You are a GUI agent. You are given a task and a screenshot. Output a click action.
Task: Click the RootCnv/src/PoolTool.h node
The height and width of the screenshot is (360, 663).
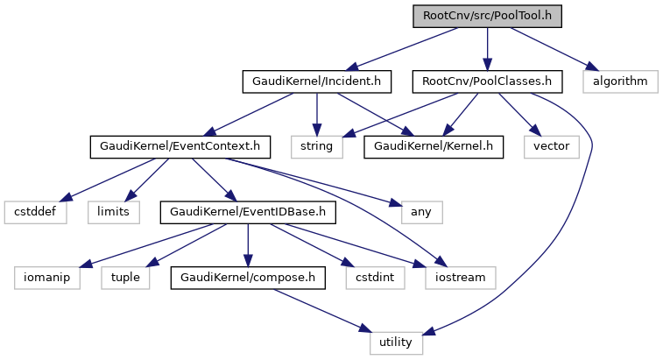click(x=487, y=16)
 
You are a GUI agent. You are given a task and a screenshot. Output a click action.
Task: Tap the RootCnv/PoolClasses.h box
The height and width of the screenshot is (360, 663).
click(x=487, y=81)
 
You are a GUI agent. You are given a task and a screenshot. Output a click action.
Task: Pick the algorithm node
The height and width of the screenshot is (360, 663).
click(x=620, y=81)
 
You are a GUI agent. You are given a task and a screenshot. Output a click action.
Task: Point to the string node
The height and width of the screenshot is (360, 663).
click(x=316, y=146)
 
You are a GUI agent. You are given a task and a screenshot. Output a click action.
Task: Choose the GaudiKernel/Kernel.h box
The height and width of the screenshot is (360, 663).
click(x=434, y=146)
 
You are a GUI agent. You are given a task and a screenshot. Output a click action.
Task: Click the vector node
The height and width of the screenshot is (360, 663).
click(x=551, y=146)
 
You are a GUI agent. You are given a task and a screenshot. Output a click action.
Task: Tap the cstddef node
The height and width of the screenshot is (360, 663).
click(x=34, y=211)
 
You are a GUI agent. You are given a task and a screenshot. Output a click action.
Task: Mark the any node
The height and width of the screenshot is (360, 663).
click(x=421, y=211)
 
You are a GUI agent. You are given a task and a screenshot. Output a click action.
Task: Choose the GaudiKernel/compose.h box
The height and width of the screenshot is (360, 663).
click(x=248, y=277)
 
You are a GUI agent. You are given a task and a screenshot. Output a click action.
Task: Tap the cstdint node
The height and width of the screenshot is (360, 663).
click(x=374, y=277)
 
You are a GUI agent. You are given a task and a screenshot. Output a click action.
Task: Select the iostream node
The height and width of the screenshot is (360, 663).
click(x=461, y=277)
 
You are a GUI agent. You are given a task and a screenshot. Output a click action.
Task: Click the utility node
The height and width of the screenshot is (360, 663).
click(x=396, y=342)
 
